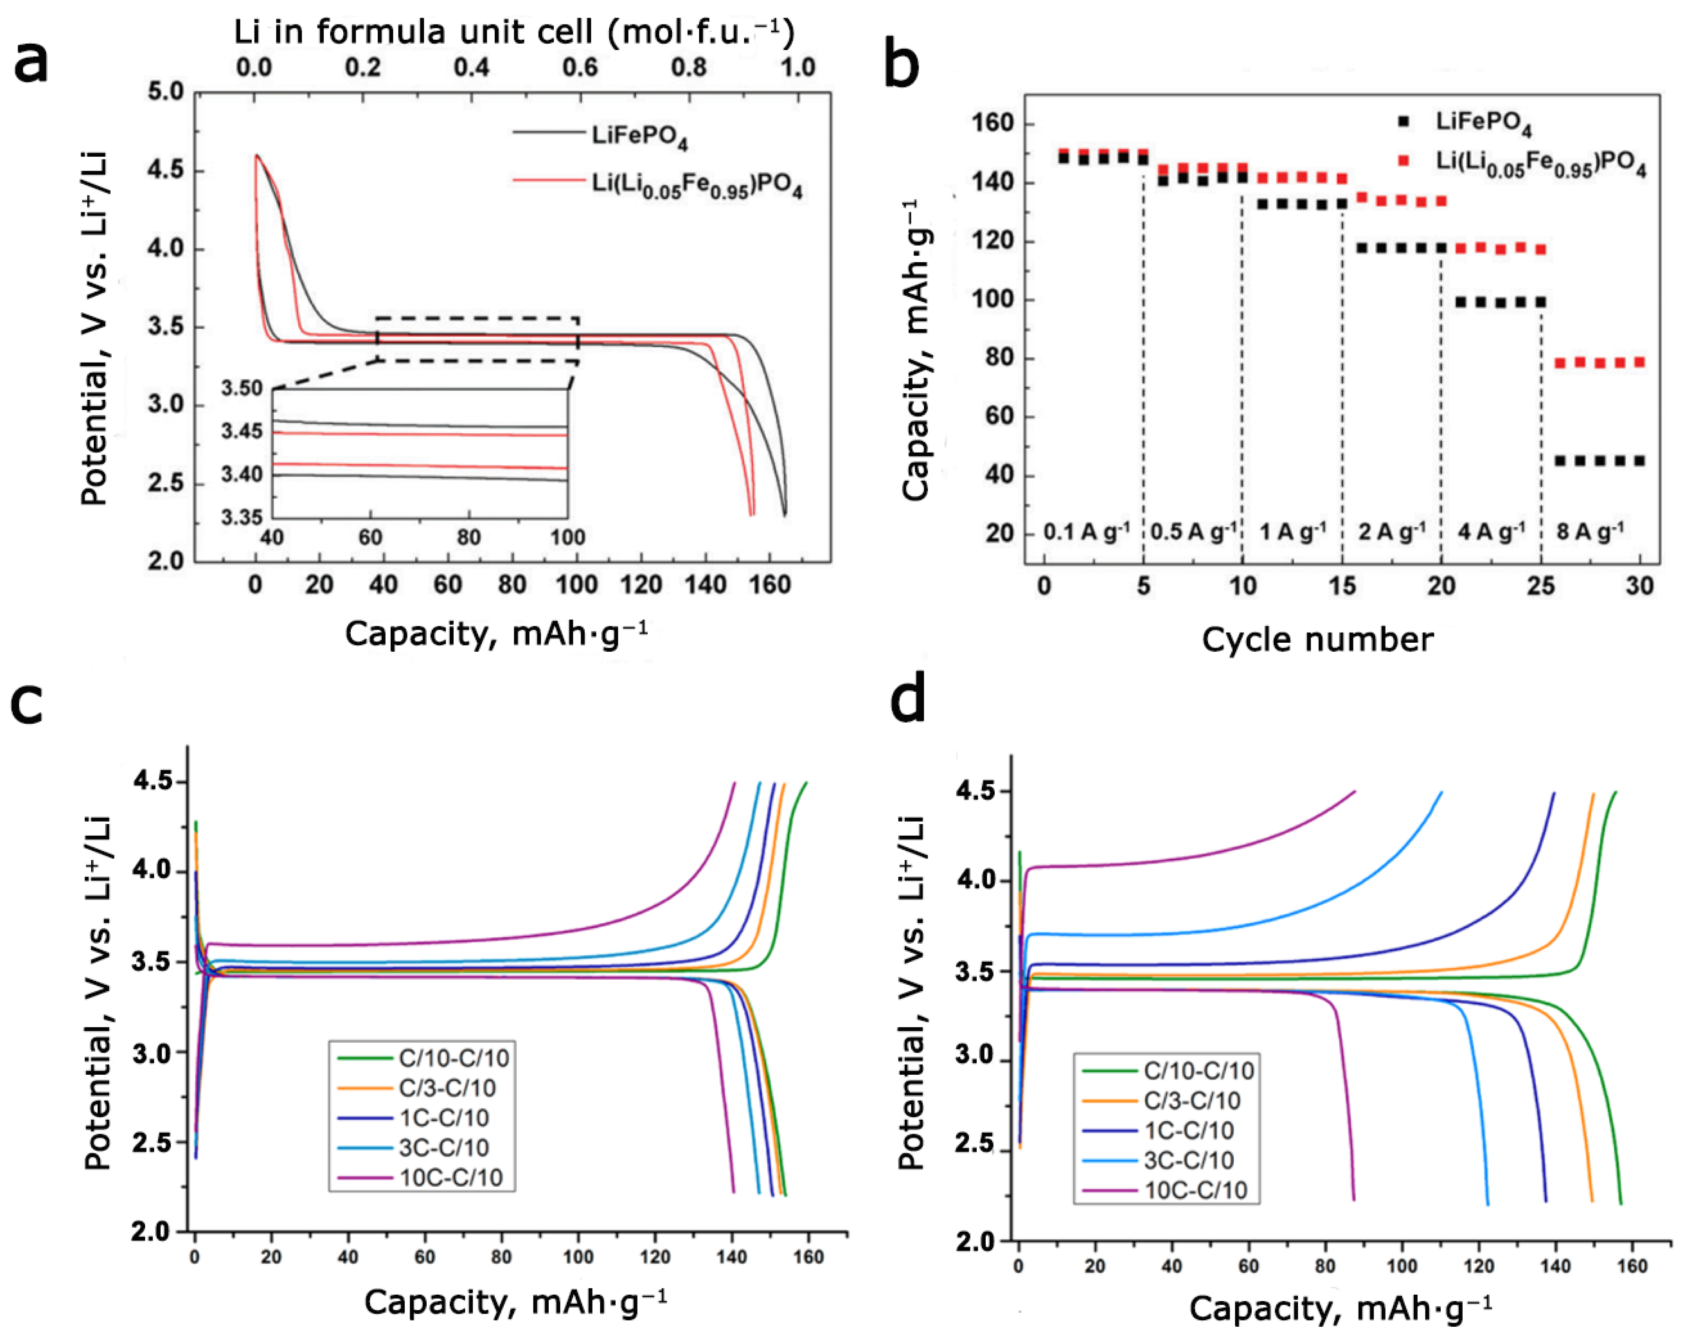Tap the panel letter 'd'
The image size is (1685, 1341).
tap(908, 700)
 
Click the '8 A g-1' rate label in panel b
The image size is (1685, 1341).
tap(1590, 532)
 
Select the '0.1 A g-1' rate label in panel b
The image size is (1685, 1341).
tap(1086, 532)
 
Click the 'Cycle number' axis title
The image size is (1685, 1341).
tap(1317, 639)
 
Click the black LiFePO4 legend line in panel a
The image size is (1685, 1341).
tap(548, 132)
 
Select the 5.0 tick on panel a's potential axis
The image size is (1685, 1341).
tap(165, 93)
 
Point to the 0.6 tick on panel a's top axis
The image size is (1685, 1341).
tap(580, 67)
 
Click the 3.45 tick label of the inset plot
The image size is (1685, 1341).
tap(242, 431)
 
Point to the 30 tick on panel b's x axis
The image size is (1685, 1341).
tap(1639, 586)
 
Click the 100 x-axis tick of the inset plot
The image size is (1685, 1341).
tap(567, 537)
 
